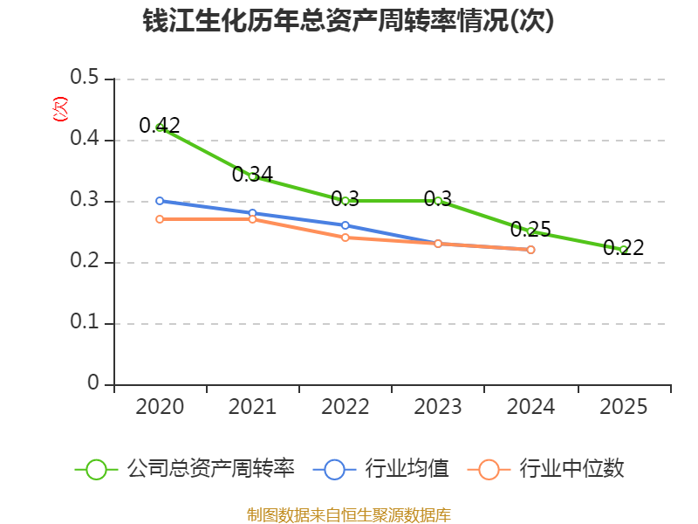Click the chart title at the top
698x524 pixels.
pos(348,20)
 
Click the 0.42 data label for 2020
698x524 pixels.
pos(160,125)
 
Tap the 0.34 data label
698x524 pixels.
pos(252,174)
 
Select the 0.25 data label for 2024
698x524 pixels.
pos(530,230)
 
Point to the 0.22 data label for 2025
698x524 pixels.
pos(623,248)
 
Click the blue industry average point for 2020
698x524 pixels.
pos(160,201)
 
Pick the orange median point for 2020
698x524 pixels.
pos(160,219)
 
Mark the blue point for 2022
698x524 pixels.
pos(345,225)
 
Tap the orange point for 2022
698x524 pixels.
pos(345,238)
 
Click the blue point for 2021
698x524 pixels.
pos(252,213)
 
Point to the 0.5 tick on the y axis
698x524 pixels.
pos(84,77)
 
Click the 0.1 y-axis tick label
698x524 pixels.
pos(84,321)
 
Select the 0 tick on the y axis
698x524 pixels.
pos(93,383)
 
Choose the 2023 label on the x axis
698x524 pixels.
pos(438,407)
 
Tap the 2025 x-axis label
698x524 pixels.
pos(623,407)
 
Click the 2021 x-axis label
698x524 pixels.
pos(252,407)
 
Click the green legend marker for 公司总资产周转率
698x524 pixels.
pos(96,470)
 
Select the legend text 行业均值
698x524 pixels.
pos(407,469)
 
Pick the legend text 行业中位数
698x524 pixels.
pos(571,469)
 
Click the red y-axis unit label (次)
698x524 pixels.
pos(60,109)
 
